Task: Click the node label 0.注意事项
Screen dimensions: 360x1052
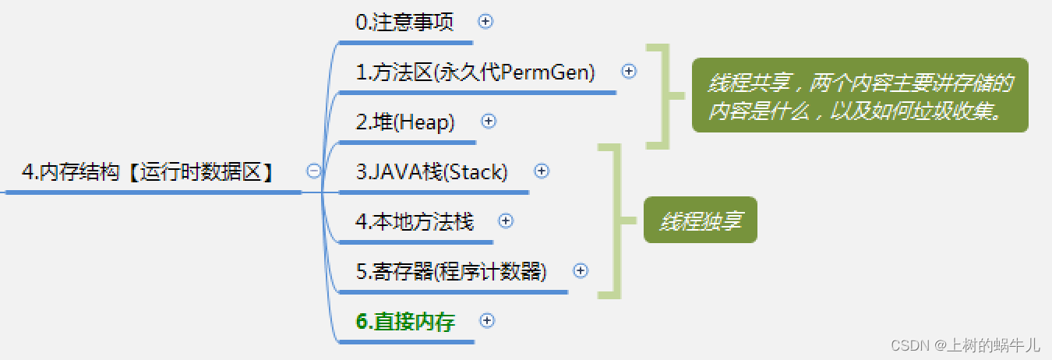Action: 404,22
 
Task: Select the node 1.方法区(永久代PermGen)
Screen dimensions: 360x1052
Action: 475,72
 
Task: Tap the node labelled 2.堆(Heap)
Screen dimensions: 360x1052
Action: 405,122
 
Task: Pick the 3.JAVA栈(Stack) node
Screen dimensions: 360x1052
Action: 432,172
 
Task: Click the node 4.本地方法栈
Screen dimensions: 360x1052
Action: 415,221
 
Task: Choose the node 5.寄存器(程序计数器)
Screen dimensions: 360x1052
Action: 451,271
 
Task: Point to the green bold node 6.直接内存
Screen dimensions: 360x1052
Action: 405,321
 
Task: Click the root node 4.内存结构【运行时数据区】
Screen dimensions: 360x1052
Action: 148,172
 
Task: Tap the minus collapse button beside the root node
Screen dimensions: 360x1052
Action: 314,171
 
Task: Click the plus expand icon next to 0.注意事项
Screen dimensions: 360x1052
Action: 485,22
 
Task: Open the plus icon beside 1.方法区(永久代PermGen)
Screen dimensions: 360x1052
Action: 629,72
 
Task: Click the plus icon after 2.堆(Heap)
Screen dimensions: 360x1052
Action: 489,121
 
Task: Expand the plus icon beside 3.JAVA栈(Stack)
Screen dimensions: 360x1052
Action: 542,171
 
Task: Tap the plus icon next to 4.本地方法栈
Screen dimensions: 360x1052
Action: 506,221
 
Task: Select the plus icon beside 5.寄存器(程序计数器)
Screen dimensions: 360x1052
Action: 580,270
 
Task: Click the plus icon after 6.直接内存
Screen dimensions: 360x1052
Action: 487,320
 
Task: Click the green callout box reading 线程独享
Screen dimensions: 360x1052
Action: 700,221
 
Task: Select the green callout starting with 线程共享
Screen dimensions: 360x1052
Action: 860,96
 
